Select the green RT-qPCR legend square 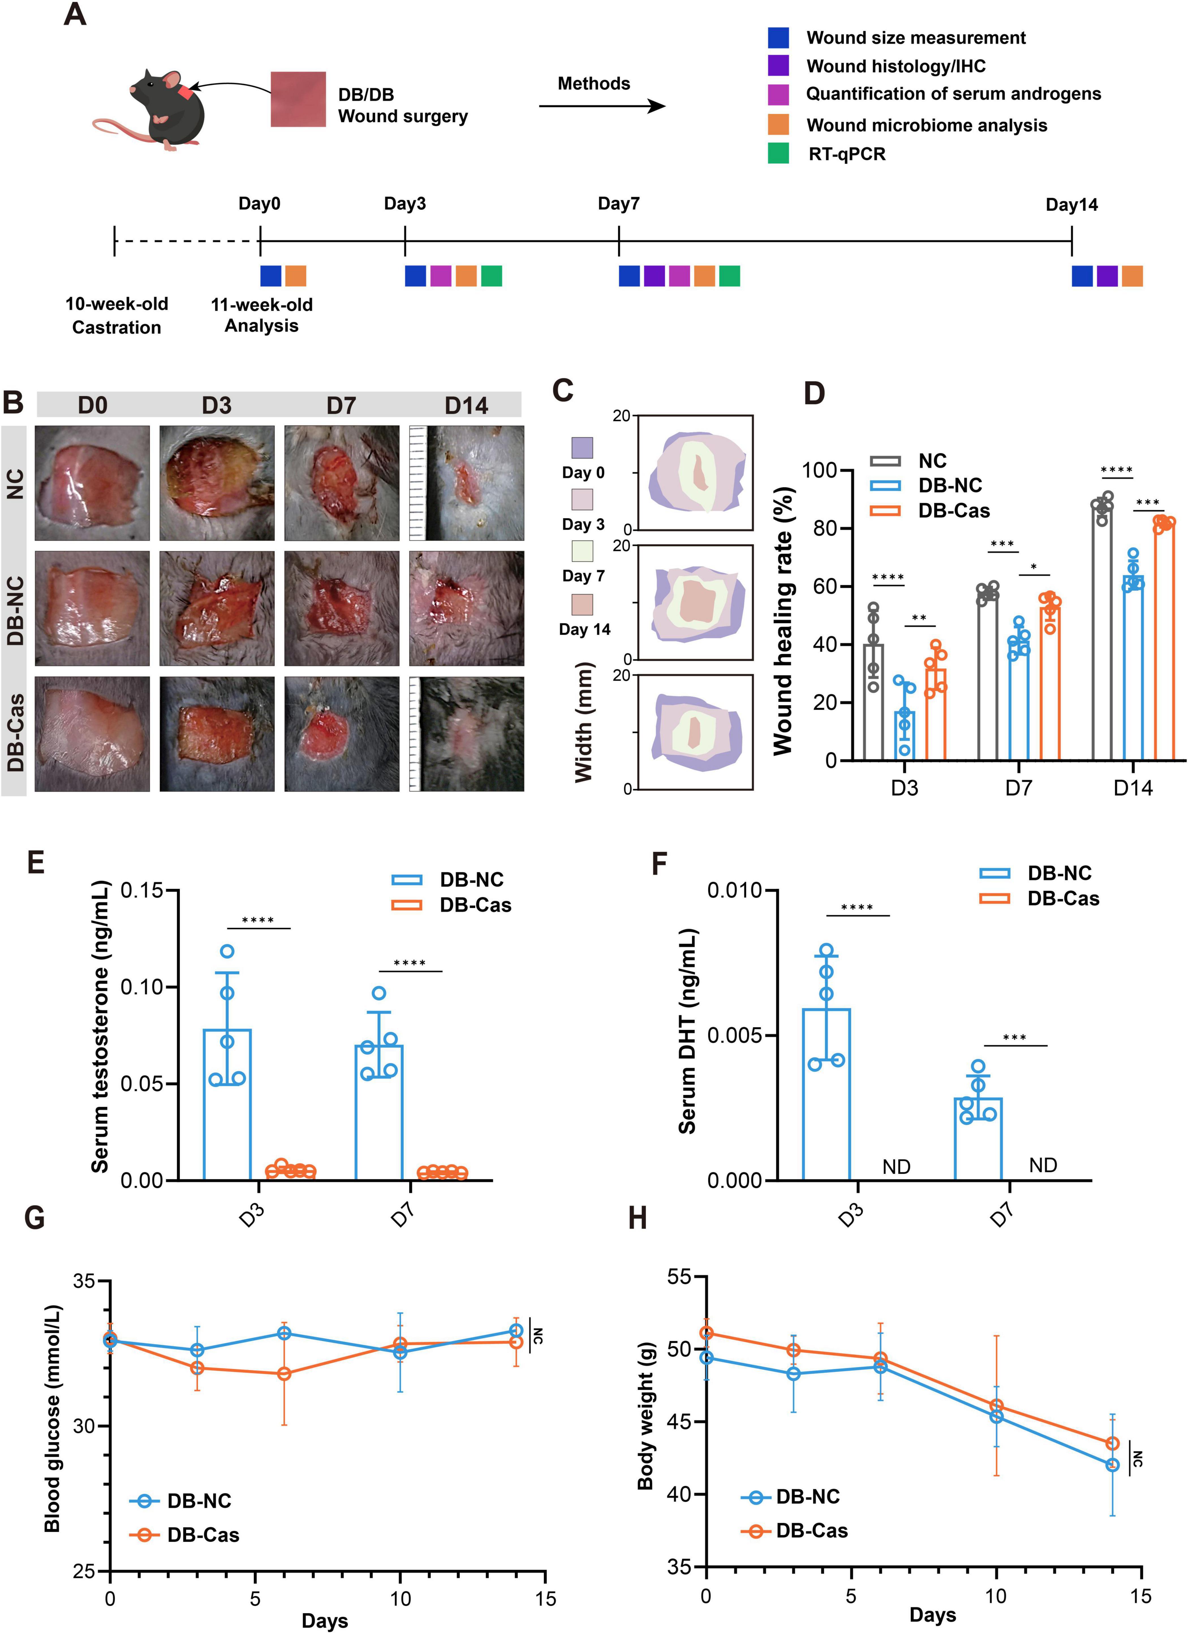[x=778, y=153]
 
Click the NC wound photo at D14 [x=466, y=483]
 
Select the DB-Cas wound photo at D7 [x=341, y=733]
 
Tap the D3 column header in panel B [x=217, y=406]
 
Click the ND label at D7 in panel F [x=1043, y=1165]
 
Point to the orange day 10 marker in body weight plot [x=997, y=1406]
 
